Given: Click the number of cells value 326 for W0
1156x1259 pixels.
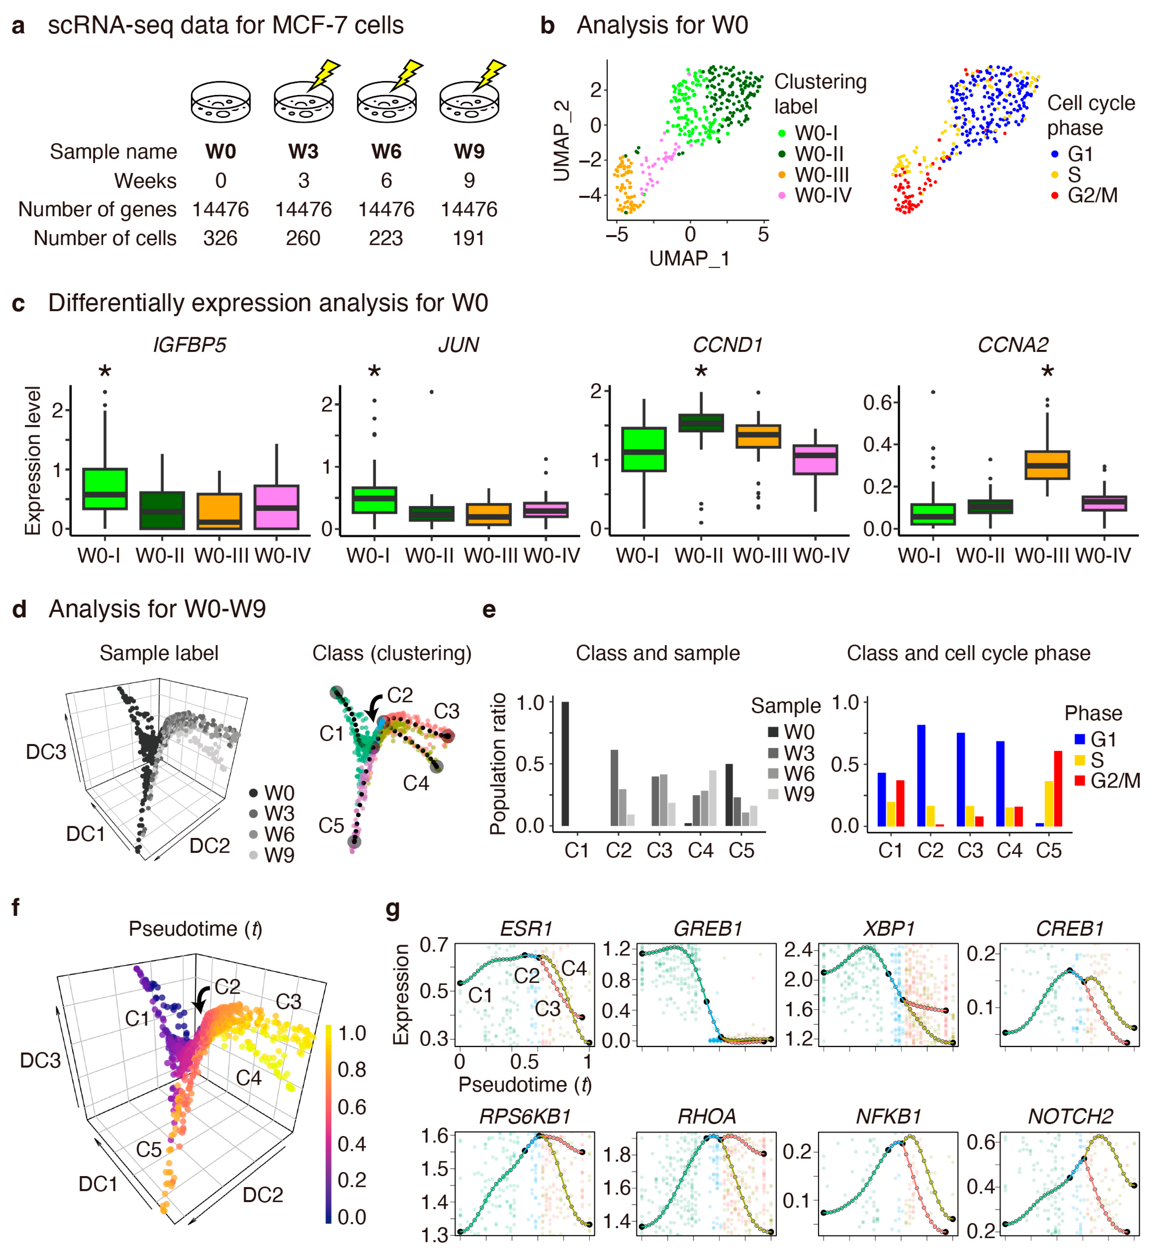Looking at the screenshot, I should tap(220, 238).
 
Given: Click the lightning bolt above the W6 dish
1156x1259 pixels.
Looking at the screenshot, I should tap(407, 74).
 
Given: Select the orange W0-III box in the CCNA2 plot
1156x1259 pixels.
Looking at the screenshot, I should tap(1047, 465).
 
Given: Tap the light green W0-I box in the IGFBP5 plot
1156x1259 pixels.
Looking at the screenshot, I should tap(105, 489).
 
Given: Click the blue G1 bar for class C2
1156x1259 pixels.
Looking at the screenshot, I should tap(921, 775).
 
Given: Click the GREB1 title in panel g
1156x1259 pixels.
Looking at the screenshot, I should tap(707, 928).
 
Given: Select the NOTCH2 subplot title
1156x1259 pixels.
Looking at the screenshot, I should tap(1070, 1116).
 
